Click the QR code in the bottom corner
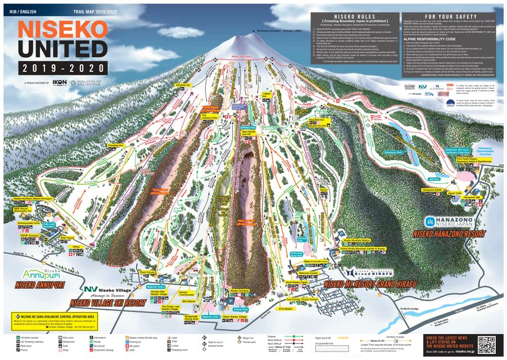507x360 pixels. [x=487, y=345]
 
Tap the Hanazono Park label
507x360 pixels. [x=393, y=151]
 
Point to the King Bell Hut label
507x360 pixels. [x=317, y=120]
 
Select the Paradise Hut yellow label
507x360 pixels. [x=116, y=145]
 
